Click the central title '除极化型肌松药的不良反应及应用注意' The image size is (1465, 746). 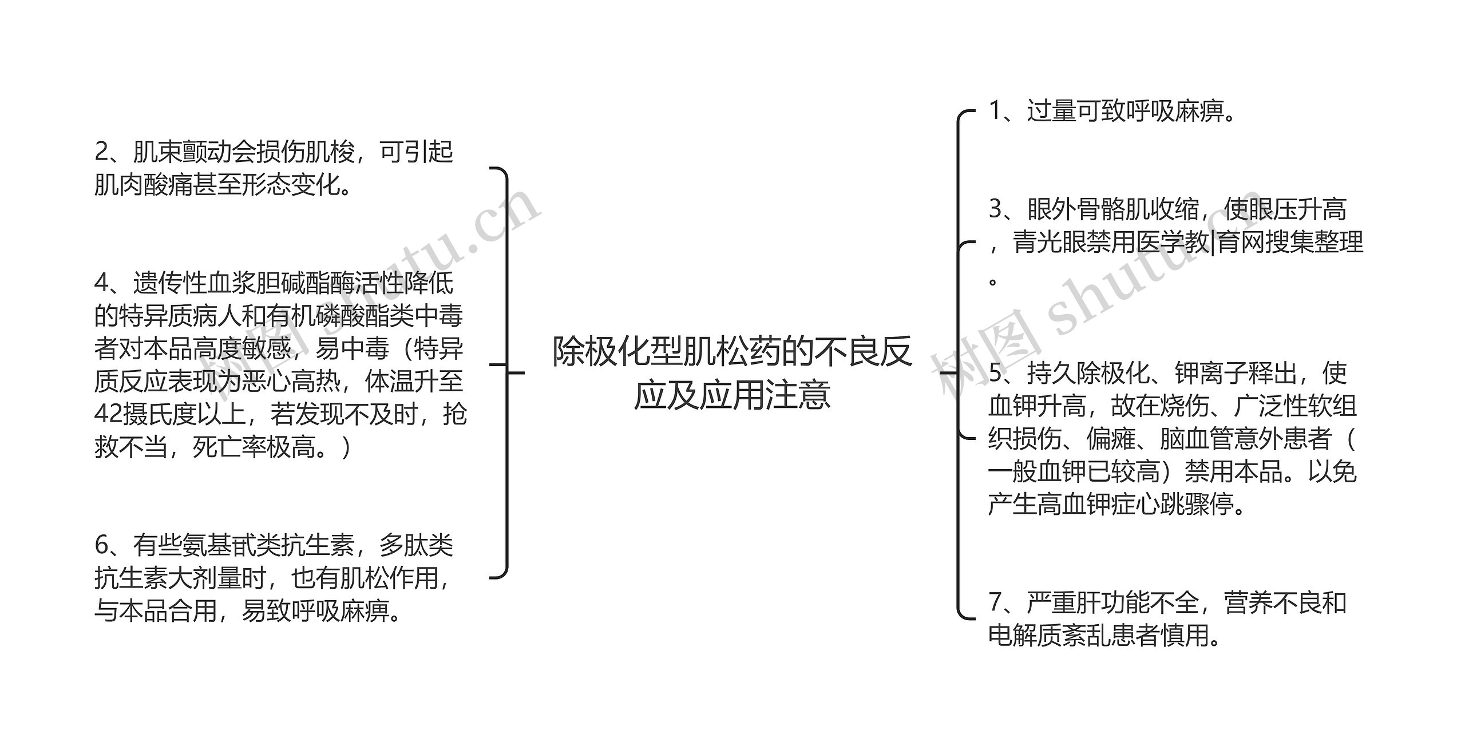pos(732,372)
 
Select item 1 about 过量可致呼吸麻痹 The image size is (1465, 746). pos(1112,111)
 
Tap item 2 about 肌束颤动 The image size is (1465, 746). pos(274,168)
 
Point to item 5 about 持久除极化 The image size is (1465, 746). pos(1172,438)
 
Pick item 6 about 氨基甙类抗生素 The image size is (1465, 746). pos(274,578)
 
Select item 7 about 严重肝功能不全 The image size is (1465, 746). pos(1167,618)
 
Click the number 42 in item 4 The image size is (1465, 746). pos(106,414)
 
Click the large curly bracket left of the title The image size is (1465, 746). pos(502,372)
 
